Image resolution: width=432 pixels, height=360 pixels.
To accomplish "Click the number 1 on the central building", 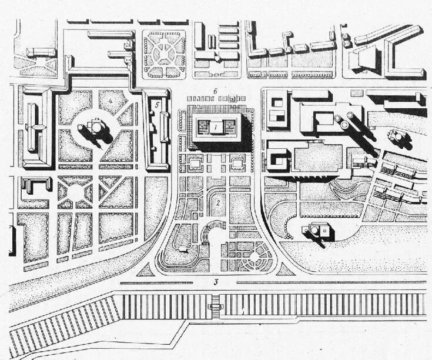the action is coord(216,126).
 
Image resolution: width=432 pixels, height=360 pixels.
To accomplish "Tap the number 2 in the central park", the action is coord(218,203).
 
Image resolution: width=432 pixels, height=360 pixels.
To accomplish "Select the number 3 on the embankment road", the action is coord(216,282).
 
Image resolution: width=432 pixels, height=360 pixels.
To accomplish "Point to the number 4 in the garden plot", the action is coord(110,102).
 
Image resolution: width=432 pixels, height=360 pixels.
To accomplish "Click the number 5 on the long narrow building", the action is coord(156,105).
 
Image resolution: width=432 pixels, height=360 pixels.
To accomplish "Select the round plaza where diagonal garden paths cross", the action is coord(77,192).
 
